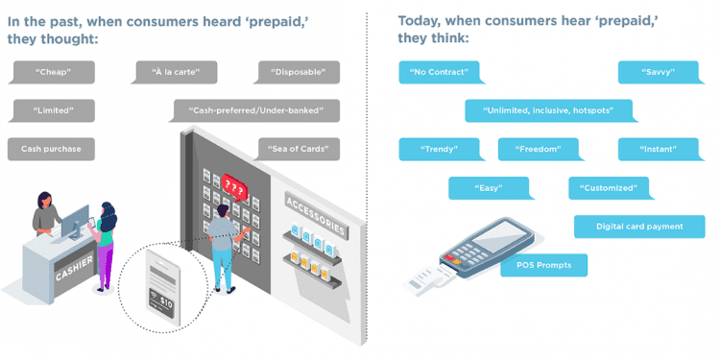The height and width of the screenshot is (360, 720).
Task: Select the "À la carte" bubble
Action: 175,72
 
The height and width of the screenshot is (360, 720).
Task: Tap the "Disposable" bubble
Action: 299,72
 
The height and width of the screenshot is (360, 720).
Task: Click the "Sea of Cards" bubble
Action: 299,149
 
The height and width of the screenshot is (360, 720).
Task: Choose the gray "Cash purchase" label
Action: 52,149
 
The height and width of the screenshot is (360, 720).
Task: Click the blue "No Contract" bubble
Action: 438,72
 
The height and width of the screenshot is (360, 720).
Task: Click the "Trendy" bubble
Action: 440,149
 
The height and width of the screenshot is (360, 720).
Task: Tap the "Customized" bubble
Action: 610,187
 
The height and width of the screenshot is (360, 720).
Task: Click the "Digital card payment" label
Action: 639,227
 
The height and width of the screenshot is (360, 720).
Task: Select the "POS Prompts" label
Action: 543,265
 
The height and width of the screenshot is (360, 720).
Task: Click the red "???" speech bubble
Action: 234,182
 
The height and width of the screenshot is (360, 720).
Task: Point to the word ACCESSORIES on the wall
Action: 316,214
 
